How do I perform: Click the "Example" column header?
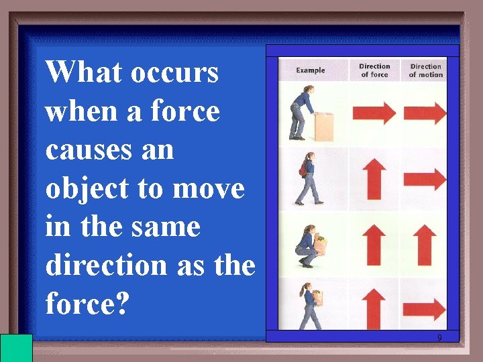point(311,70)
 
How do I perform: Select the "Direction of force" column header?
point(374,70)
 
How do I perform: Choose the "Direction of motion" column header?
point(426,70)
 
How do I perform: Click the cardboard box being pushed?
point(324,126)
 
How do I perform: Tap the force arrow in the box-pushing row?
point(374,113)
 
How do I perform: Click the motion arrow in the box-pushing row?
point(427,113)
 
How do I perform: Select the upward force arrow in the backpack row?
point(374,180)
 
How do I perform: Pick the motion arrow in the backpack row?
point(427,179)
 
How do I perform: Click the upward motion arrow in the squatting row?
point(426,245)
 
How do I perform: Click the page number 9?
point(439,337)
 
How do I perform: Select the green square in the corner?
point(17,347)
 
